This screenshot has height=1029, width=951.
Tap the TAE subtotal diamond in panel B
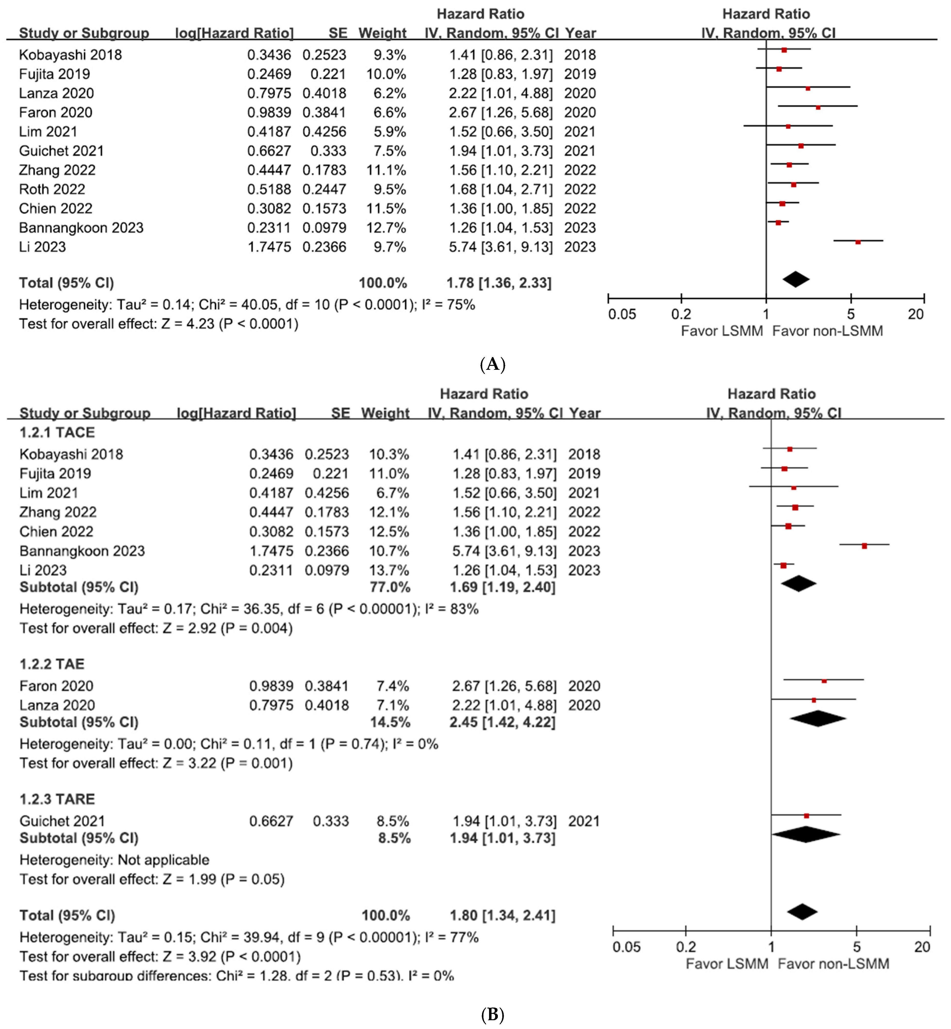[818, 718]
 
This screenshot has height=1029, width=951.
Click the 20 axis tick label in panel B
[922, 947]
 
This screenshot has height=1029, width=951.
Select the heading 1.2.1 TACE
[57, 432]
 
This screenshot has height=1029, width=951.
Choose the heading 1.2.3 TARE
[57, 799]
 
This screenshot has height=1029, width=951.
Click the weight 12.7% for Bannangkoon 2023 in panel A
[386, 228]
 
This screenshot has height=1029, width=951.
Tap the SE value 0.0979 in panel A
[324, 228]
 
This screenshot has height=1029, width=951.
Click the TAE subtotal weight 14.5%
[390, 722]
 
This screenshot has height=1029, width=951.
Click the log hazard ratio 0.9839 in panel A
[269, 113]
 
